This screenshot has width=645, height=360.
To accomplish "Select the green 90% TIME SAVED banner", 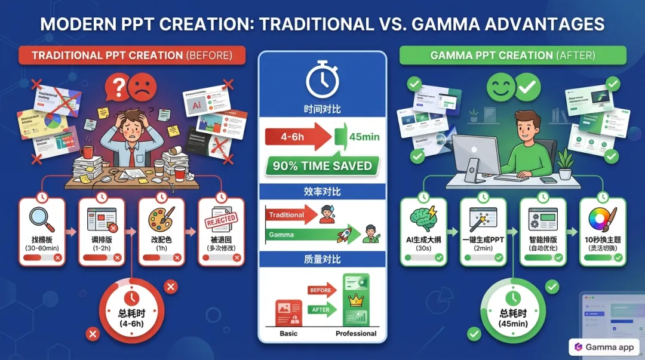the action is (x=322, y=166).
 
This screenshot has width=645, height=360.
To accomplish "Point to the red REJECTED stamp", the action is (x=221, y=221).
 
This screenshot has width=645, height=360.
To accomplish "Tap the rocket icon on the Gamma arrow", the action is (x=345, y=235).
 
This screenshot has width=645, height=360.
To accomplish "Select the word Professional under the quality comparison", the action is (x=356, y=334).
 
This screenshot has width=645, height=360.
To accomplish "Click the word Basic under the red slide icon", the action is (x=288, y=334).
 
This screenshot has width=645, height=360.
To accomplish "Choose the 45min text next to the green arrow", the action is (x=364, y=137).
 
